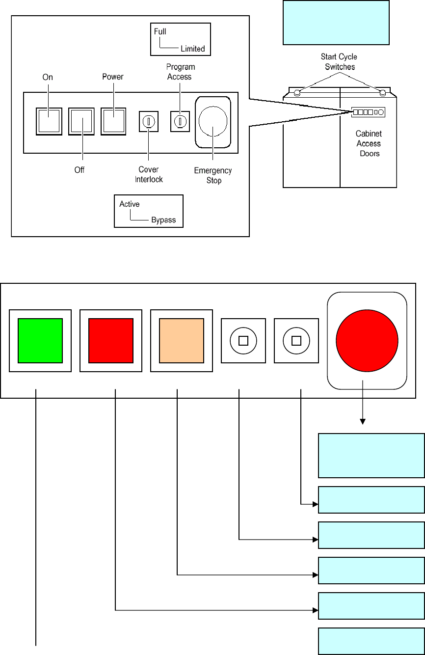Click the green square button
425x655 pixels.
pos(40,340)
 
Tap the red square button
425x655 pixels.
pos(110,340)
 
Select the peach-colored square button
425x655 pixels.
pos(181,340)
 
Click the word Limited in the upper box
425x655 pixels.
pos(193,49)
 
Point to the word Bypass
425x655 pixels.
pos(163,219)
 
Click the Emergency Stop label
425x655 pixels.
pos(213,175)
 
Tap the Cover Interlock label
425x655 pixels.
pos(148,174)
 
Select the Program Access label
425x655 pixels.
pos(180,71)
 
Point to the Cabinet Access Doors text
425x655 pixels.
pos(369,143)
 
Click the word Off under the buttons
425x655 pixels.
pos(80,170)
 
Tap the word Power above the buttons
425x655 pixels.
pos(113,77)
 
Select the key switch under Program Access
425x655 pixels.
pos(180,120)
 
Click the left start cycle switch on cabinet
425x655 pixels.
pos(296,92)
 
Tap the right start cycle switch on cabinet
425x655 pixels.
pos(383,92)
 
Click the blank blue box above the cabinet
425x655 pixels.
pos(336,22)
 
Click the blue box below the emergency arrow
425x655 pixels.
pos(372,455)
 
